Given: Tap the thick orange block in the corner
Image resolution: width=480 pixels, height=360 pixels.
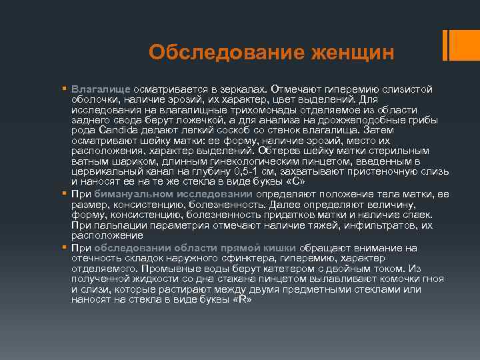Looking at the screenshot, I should [x=459, y=44].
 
